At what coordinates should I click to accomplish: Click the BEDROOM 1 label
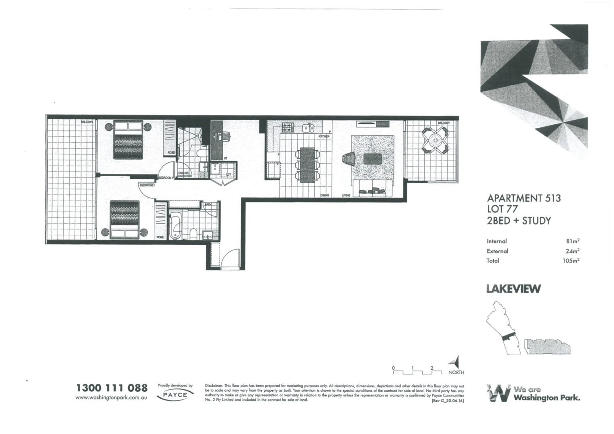[166, 178]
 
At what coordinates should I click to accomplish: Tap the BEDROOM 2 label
[147, 185]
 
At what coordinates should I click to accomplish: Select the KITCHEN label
[324, 137]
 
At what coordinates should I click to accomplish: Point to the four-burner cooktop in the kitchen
[288, 128]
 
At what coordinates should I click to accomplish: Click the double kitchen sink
[308, 128]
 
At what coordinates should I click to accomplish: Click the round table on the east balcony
[435, 141]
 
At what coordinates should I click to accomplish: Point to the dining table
[308, 165]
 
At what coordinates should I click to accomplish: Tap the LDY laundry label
[228, 174]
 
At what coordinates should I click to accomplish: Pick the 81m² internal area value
[573, 241]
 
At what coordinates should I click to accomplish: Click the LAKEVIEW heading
[513, 289]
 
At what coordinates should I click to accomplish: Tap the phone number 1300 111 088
[112, 388]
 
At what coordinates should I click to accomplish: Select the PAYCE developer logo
[175, 395]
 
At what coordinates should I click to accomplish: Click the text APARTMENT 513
[524, 198]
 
